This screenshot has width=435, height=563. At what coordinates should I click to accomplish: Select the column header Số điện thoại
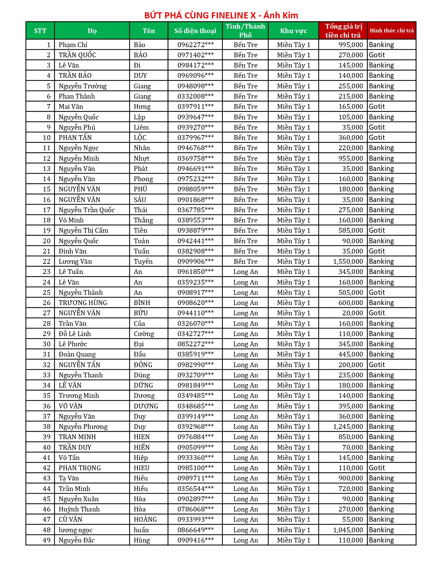195,31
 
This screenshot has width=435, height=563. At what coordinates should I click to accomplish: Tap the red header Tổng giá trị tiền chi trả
343,31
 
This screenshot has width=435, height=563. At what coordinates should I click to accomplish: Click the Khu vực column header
293,31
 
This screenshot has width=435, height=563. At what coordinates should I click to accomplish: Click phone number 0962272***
195,45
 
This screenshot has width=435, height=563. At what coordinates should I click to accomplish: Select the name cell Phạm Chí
73,45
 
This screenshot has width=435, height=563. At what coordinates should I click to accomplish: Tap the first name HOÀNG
145,520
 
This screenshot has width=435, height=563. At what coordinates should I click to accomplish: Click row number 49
47,540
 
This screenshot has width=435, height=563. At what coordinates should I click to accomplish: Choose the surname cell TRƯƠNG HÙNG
83,303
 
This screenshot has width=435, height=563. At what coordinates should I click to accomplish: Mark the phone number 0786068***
195,509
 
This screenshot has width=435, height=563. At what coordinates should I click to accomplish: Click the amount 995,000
351,45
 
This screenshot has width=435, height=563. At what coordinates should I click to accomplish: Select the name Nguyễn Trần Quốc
87,210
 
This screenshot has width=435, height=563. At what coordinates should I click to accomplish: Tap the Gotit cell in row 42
377,468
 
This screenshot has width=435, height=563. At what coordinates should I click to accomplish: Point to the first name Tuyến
143,262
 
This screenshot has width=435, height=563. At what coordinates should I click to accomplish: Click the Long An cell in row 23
246,272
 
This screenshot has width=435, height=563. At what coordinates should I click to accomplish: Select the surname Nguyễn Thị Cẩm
83,231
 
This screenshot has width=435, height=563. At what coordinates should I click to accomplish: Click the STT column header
40,31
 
